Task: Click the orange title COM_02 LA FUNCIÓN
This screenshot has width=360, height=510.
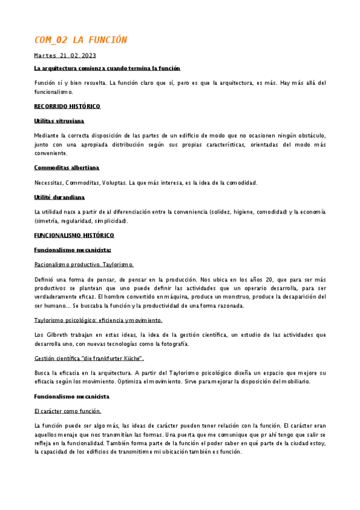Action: tap(81, 40)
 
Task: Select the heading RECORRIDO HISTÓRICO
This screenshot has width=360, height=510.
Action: tap(67, 106)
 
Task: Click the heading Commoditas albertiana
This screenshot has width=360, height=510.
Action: tap(67, 167)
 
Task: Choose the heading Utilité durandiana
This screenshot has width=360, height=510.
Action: tap(59, 197)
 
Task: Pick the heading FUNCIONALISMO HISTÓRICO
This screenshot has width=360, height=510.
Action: tap(74, 235)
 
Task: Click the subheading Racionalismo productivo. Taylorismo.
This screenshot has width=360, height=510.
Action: tap(84, 265)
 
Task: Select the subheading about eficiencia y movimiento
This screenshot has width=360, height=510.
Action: tap(99, 320)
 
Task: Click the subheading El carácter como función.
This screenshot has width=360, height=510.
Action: tap(67, 411)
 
